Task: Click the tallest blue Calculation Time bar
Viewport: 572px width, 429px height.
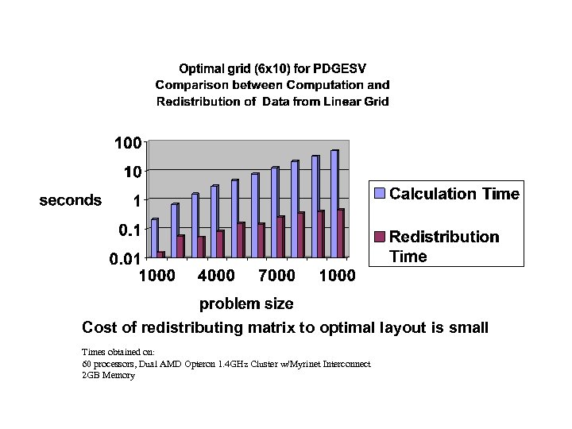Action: (x=334, y=203)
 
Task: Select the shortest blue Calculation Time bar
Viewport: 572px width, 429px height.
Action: (x=154, y=238)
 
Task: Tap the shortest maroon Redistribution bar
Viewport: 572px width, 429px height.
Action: (x=161, y=254)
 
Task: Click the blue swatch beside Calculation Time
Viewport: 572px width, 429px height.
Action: (x=381, y=194)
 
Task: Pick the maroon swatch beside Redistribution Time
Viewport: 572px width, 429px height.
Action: (x=381, y=237)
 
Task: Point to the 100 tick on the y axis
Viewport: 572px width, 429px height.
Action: (x=128, y=143)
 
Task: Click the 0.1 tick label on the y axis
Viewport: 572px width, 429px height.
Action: (x=128, y=230)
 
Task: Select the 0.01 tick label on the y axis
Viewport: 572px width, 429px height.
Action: (x=125, y=257)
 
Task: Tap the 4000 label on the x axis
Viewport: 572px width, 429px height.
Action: (x=215, y=276)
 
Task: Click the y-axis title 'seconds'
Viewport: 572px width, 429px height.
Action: (x=71, y=200)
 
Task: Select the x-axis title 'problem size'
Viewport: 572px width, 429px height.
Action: (x=245, y=303)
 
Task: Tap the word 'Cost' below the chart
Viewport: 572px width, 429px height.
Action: (x=99, y=328)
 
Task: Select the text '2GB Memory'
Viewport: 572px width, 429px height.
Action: (x=108, y=375)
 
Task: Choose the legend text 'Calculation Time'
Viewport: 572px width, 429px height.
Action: (x=454, y=194)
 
